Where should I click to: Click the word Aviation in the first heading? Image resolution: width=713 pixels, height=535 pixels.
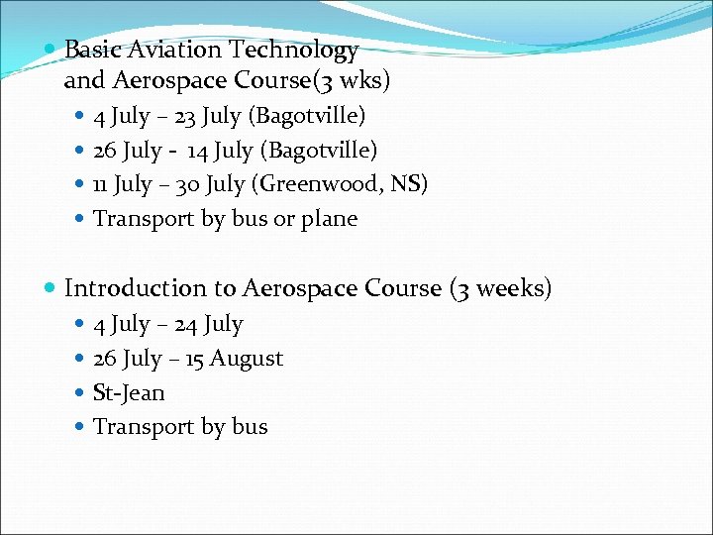(x=173, y=50)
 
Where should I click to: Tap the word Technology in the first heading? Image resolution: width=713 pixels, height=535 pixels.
(x=294, y=50)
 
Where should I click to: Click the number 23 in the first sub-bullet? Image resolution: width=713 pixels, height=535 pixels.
(x=184, y=116)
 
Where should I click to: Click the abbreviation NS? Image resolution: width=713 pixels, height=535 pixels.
(x=407, y=184)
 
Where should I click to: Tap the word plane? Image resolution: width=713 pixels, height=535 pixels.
(x=329, y=219)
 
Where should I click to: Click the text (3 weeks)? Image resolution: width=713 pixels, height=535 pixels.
(x=500, y=288)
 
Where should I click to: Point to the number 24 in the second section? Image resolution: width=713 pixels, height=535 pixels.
(x=184, y=324)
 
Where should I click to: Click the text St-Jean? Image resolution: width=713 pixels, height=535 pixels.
(x=129, y=392)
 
